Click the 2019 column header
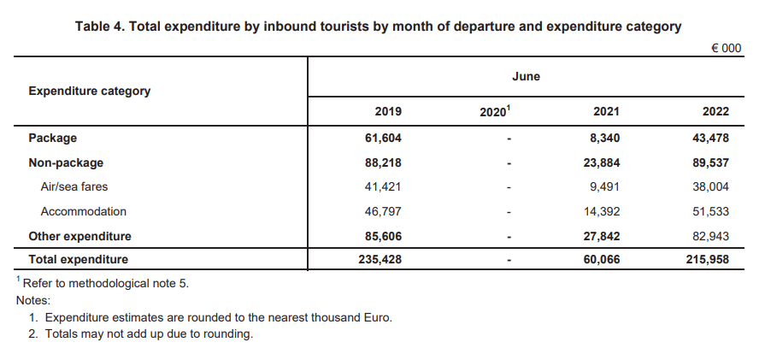[388, 112]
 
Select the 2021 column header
[606, 112]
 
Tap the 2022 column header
[715, 112]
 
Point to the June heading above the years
[526, 77]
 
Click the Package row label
[53, 138]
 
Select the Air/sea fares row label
[74, 186]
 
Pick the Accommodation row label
[84, 212]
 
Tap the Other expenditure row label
[80, 237]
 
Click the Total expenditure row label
[79, 259]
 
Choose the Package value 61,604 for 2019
[383, 139]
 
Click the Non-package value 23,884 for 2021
[601, 163]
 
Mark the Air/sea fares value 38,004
[710, 186]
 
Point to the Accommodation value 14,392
[601, 212]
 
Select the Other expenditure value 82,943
[710, 237]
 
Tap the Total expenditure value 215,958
[708, 259]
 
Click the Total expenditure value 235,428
[380, 259]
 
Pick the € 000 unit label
[727, 48]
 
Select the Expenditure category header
[89, 91]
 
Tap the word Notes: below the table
[33, 300]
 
